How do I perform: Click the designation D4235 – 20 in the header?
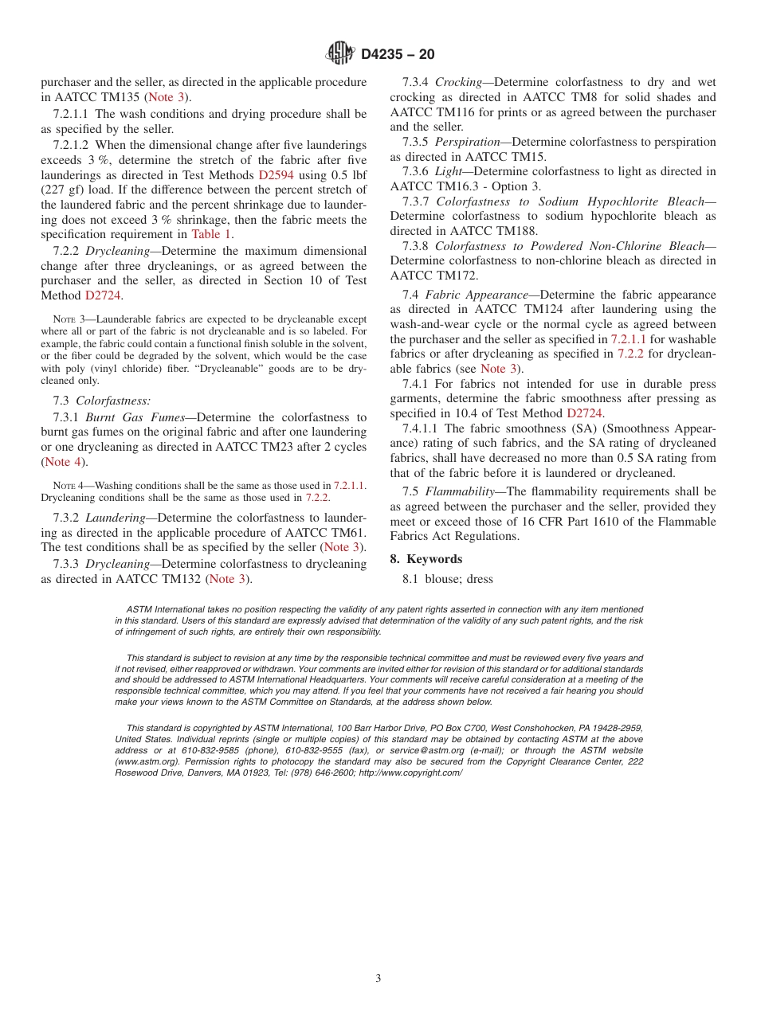398,54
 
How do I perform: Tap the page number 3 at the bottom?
378,979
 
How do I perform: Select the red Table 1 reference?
211,234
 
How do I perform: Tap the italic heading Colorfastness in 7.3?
113,401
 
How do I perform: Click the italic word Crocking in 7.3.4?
458,82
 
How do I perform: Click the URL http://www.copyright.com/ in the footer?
410,772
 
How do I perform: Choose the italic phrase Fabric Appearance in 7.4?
477,295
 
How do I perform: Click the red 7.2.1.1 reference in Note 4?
349,485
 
